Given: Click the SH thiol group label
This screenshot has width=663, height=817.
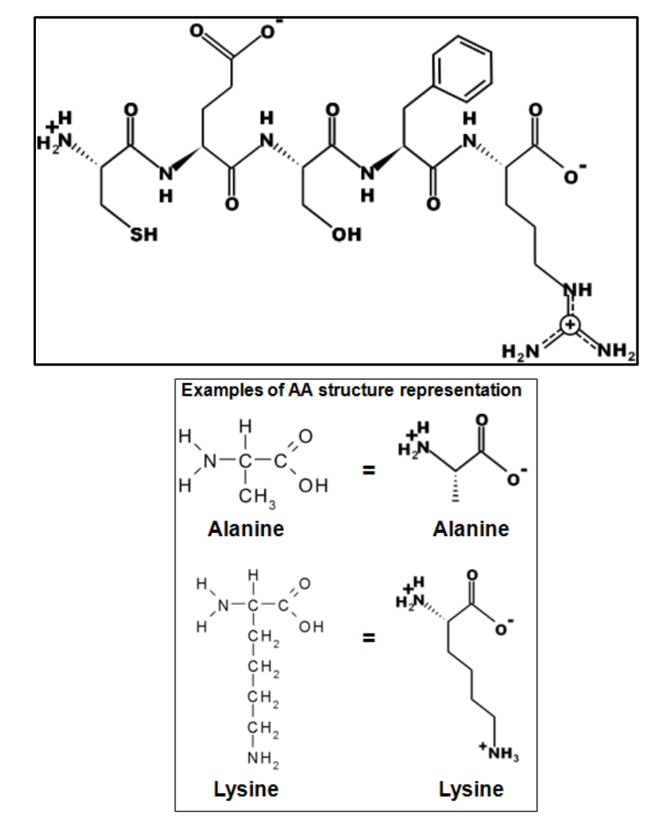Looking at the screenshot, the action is pyautogui.click(x=144, y=235).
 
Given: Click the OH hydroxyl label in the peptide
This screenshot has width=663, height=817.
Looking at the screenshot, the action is pyautogui.click(x=346, y=235).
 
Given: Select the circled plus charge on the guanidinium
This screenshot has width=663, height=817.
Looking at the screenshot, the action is pyautogui.click(x=570, y=325).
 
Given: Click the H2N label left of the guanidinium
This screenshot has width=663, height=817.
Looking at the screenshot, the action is pyautogui.click(x=520, y=352).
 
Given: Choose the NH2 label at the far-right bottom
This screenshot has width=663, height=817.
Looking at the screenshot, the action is pyautogui.click(x=617, y=351).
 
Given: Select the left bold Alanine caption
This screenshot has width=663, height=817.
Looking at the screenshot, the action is pyautogui.click(x=246, y=529).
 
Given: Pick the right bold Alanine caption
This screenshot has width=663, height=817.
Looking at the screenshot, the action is pyautogui.click(x=471, y=529).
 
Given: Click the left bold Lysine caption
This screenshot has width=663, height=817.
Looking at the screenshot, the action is pyautogui.click(x=246, y=789).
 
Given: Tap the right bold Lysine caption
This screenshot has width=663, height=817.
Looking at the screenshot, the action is pyautogui.click(x=472, y=789).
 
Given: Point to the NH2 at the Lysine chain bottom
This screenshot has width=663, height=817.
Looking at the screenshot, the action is pyautogui.click(x=262, y=760).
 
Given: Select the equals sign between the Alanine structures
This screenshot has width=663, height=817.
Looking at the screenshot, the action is pyautogui.click(x=369, y=471).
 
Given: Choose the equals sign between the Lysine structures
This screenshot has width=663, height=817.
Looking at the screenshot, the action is pyautogui.click(x=369, y=637).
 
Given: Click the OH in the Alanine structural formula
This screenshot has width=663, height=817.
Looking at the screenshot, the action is pyautogui.click(x=314, y=486).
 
